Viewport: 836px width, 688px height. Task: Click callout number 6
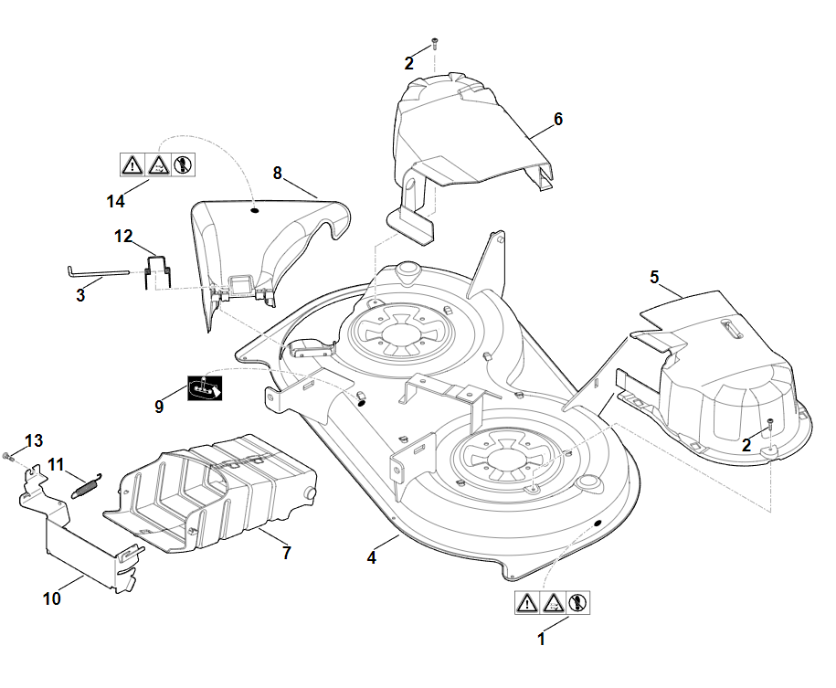point(558,119)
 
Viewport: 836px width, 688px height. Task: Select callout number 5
point(654,275)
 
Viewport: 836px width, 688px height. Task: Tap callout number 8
point(278,172)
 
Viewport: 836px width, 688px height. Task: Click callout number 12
point(123,237)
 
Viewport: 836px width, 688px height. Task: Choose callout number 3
point(80,295)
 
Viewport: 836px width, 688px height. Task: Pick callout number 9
point(159,407)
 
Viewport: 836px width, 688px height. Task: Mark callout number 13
point(34,440)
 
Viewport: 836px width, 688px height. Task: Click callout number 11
point(57,464)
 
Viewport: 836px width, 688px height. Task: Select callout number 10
point(52,598)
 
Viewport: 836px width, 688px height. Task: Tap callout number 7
point(286,553)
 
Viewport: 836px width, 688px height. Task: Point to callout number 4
point(372,557)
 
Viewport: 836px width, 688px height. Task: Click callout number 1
point(541,640)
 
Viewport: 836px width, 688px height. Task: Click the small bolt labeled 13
point(8,454)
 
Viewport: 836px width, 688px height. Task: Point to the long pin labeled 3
point(101,271)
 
